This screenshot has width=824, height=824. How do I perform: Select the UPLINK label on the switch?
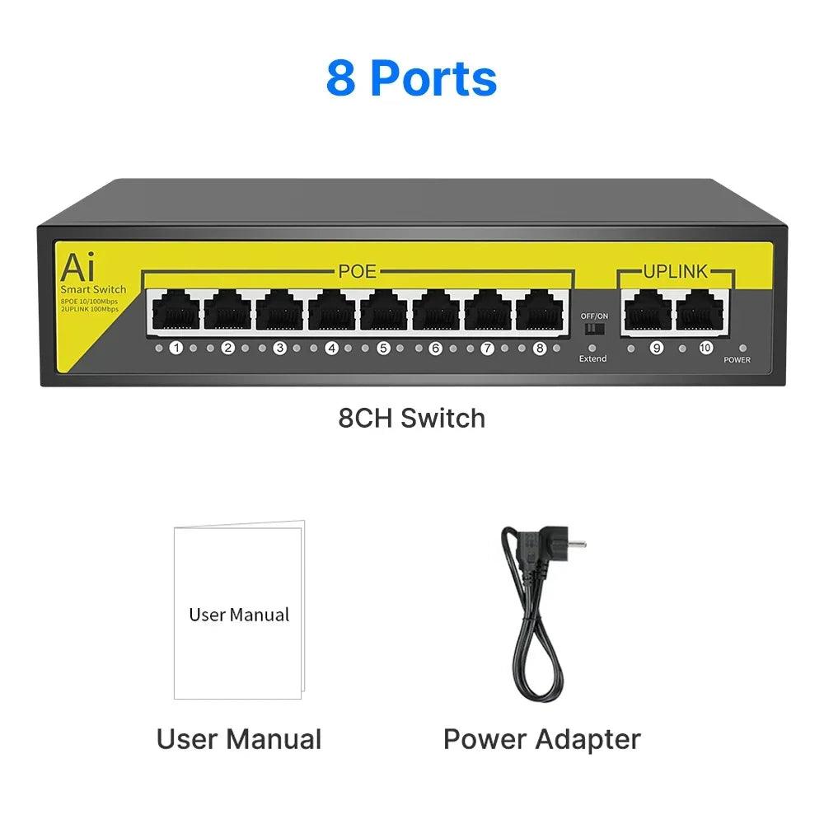coord(675,271)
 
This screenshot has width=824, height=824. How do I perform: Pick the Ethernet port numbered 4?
coord(330,313)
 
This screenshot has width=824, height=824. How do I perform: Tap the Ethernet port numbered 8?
coord(539,313)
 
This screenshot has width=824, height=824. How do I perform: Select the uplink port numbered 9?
coord(648,313)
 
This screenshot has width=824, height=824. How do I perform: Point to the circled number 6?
coord(435,349)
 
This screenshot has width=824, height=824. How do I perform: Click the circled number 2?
coord(228,349)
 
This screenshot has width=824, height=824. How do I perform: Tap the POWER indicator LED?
coord(742,349)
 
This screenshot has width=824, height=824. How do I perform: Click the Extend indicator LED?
coord(592,349)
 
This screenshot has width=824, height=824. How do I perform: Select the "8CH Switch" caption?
coord(411,418)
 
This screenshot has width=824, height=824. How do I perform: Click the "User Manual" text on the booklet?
coord(239,615)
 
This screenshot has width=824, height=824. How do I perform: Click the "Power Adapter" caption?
coord(541,738)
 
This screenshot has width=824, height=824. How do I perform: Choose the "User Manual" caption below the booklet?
coord(239,738)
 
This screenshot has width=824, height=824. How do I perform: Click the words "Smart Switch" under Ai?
coord(93,289)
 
